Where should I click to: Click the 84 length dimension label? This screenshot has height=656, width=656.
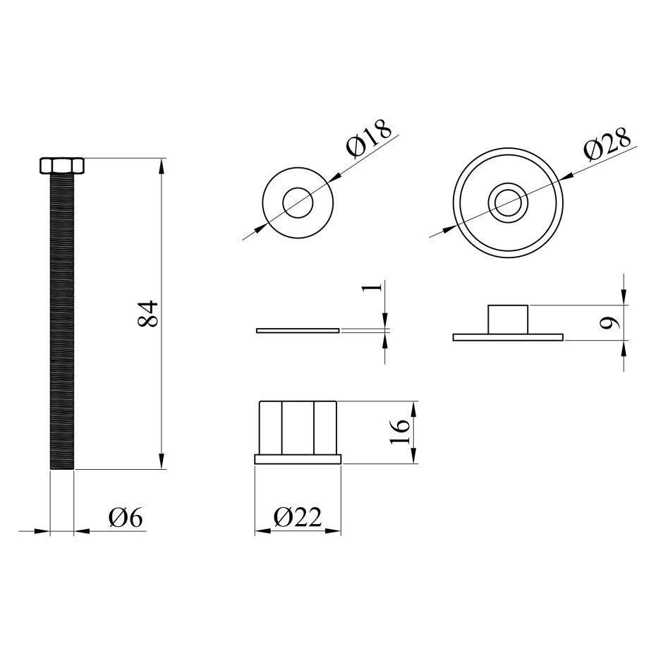click(x=147, y=313)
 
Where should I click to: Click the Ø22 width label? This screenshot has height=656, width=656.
click(x=298, y=517)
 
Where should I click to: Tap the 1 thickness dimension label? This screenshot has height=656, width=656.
click(x=376, y=287)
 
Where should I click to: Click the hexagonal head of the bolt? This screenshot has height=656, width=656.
click(x=62, y=165)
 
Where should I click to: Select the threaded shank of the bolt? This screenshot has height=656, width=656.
click(x=62, y=322)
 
